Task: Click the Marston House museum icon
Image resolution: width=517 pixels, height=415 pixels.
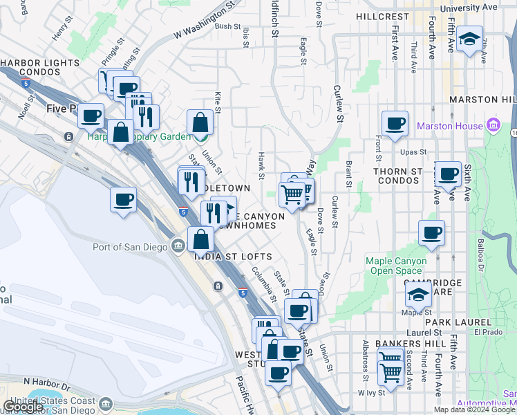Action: pos(493,126)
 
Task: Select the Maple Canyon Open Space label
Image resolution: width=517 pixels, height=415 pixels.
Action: pos(396,266)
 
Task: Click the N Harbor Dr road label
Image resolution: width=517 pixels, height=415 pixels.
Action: pos(48,381)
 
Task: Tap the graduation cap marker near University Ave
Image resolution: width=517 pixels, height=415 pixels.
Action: pos(469,39)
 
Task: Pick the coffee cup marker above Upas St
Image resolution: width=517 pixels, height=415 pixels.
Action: pos(395,124)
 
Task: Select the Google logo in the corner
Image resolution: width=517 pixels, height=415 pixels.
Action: pos(23,407)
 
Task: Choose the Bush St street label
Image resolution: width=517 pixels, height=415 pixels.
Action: pos(227,26)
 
